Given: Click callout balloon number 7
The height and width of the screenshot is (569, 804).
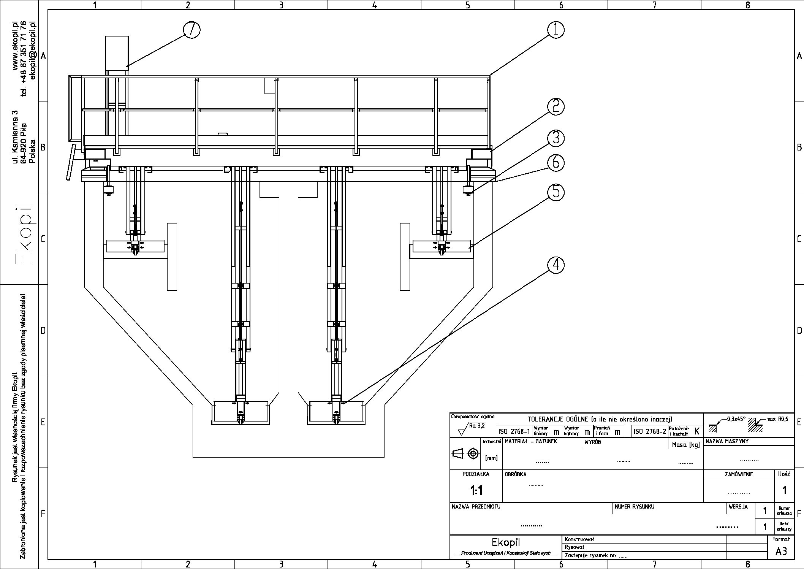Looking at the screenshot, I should click(x=192, y=30).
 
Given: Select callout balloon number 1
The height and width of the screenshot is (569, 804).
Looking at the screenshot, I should click(x=556, y=30).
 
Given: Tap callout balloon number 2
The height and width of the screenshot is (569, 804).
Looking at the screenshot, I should click(x=556, y=107).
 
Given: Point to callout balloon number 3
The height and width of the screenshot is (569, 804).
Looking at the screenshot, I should click(x=556, y=138).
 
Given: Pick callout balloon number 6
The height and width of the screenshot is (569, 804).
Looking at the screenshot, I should click(x=556, y=163).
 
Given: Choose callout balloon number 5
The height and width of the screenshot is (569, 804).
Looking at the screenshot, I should click(x=556, y=192).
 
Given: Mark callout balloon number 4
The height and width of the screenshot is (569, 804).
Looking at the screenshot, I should click(x=556, y=265).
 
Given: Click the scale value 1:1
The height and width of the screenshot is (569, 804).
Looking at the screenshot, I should click(x=476, y=491).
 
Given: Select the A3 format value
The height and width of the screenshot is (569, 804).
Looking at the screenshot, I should click(x=781, y=551).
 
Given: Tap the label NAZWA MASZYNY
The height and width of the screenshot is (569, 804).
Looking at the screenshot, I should click(x=727, y=442).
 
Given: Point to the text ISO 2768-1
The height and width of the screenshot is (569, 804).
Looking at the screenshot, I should click(x=514, y=431).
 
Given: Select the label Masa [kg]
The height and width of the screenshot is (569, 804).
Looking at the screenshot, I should click(x=685, y=445).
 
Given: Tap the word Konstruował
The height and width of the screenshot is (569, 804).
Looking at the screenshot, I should click(x=579, y=539).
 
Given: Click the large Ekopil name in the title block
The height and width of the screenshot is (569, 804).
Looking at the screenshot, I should click(x=505, y=542).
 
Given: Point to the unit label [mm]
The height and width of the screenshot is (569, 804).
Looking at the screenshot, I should click(x=491, y=458).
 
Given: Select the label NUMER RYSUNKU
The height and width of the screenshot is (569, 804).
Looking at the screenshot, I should click(x=634, y=507).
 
